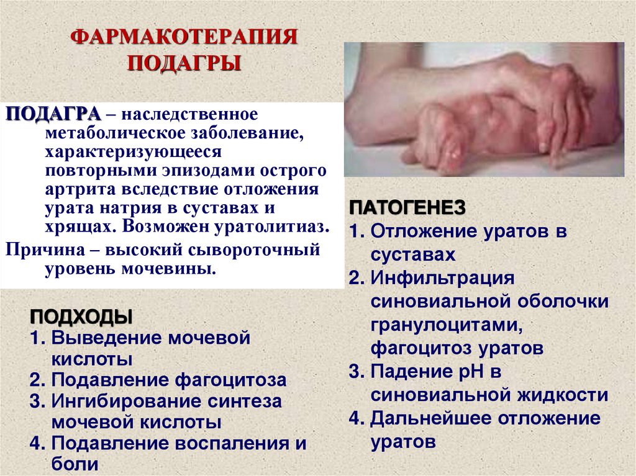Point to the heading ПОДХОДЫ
tap(81, 317)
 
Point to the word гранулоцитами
tap(443, 324)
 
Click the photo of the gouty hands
tap(484, 109)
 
